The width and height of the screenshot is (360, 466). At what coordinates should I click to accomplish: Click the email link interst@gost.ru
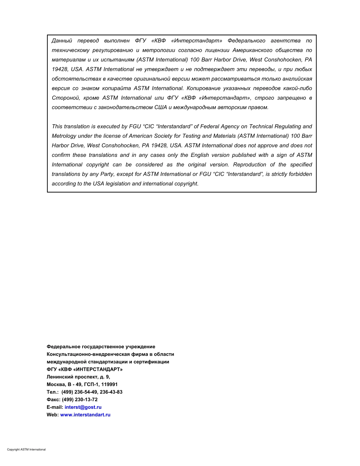[83, 407]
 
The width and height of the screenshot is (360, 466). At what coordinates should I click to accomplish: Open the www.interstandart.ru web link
[85, 415]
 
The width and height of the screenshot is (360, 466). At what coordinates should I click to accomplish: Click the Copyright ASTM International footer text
[26, 450]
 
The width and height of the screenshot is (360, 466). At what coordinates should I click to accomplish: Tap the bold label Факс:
[53, 400]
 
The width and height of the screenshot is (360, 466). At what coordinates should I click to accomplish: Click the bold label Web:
[53, 415]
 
